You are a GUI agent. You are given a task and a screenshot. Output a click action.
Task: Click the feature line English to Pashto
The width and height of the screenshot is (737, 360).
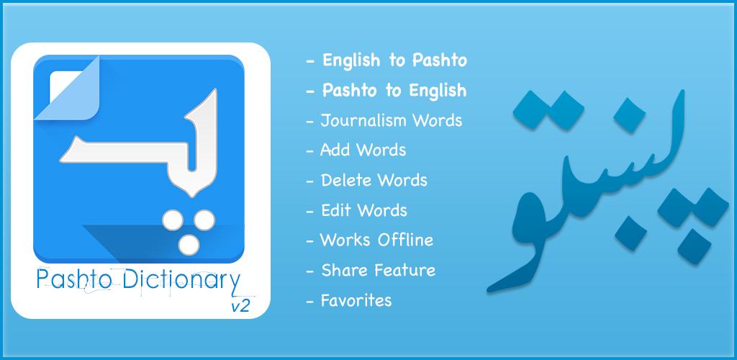(x=386, y=60)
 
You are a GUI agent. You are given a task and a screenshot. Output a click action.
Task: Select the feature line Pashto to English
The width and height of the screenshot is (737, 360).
(x=386, y=90)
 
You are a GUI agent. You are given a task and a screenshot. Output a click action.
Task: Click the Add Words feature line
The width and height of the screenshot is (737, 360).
(x=356, y=150)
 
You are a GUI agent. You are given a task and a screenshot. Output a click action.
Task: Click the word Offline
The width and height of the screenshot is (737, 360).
(x=405, y=240)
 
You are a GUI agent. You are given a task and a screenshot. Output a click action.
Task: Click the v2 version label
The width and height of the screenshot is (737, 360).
(x=240, y=306)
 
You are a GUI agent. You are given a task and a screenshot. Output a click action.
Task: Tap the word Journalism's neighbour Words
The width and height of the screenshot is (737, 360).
(x=438, y=121)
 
